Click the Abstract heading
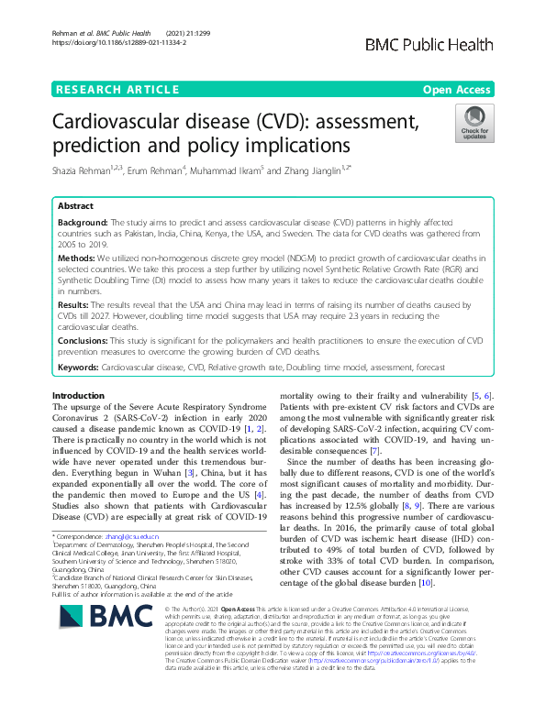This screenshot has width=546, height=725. click(75, 207)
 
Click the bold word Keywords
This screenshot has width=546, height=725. click(78, 366)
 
